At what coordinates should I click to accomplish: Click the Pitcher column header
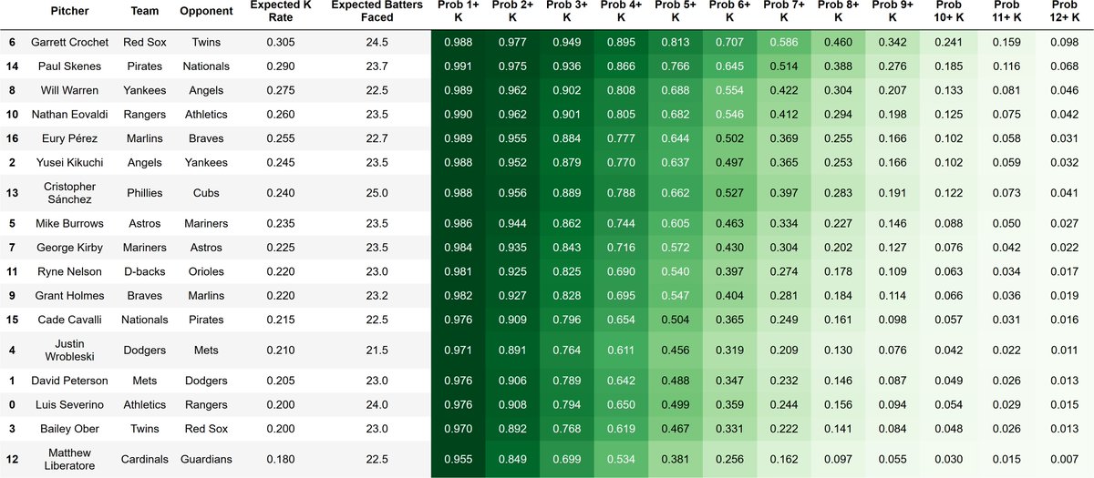coord(69,11)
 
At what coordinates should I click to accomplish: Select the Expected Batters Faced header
coord(377,11)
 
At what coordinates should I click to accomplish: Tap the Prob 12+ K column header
coord(1064,11)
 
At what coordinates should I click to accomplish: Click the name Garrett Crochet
coord(69,42)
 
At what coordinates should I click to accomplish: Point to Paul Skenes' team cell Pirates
coord(145,66)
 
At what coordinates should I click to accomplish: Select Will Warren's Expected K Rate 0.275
coord(281,90)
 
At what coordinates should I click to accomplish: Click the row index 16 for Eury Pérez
coord(12,138)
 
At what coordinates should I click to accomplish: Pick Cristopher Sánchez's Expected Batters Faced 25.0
coord(377,193)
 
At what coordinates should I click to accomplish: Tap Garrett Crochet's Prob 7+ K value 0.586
coord(784,42)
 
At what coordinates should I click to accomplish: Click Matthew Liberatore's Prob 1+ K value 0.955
coord(458,459)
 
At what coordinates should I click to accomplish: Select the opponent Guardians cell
coord(206,459)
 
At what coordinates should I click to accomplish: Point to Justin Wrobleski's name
coord(69,351)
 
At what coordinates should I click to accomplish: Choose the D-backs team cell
coord(145,271)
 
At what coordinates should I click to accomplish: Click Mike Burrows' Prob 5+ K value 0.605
coord(676,223)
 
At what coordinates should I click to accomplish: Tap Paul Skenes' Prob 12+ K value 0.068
coord(1064,66)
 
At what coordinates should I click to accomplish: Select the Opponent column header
coord(206,11)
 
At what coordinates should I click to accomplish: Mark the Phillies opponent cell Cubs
coord(206,193)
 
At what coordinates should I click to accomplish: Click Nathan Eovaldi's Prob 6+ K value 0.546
coord(729,115)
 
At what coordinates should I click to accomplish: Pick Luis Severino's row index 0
coord(12,405)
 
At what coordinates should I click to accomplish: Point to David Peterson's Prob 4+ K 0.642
coord(621,381)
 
